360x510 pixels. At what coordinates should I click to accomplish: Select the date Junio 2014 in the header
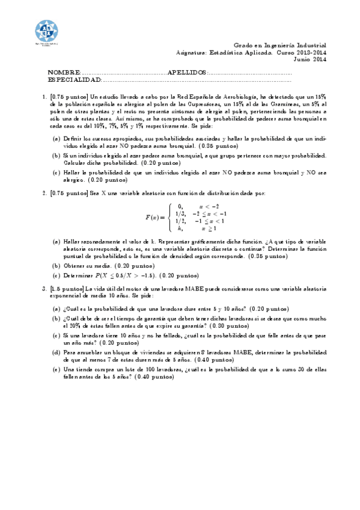(310, 59)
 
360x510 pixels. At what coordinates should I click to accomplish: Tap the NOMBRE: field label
(64, 72)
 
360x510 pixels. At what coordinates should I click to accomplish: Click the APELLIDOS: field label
(187, 72)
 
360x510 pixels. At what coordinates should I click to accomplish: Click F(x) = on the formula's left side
(155, 217)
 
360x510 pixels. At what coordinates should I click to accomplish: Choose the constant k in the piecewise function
(180, 229)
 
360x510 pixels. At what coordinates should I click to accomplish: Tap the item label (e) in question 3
(56, 369)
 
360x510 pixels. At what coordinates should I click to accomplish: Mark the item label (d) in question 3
(56, 352)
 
